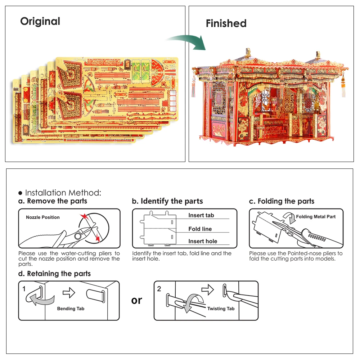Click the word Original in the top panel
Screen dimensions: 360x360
point(40,21)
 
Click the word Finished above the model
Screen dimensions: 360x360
point(226,23)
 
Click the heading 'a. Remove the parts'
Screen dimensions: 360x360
point(53,201)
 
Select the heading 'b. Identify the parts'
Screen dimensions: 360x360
point(167,201)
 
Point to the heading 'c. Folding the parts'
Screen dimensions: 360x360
point(282,201)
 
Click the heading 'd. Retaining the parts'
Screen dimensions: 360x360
point(54,274)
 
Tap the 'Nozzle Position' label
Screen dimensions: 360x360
point(43,217)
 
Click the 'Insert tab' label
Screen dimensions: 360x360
point(201,215)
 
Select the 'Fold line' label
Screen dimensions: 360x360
point(200,229)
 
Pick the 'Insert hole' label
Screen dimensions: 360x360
point(203,242)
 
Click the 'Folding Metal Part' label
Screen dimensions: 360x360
point(316,217)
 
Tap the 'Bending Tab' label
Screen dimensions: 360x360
point(71,309)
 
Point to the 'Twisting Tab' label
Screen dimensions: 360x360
point(221,309)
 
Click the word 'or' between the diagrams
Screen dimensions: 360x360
point(137,300)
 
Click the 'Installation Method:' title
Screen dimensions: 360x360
point(63,193)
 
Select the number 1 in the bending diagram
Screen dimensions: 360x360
point(24,289)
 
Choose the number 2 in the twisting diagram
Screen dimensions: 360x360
point(159,289)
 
